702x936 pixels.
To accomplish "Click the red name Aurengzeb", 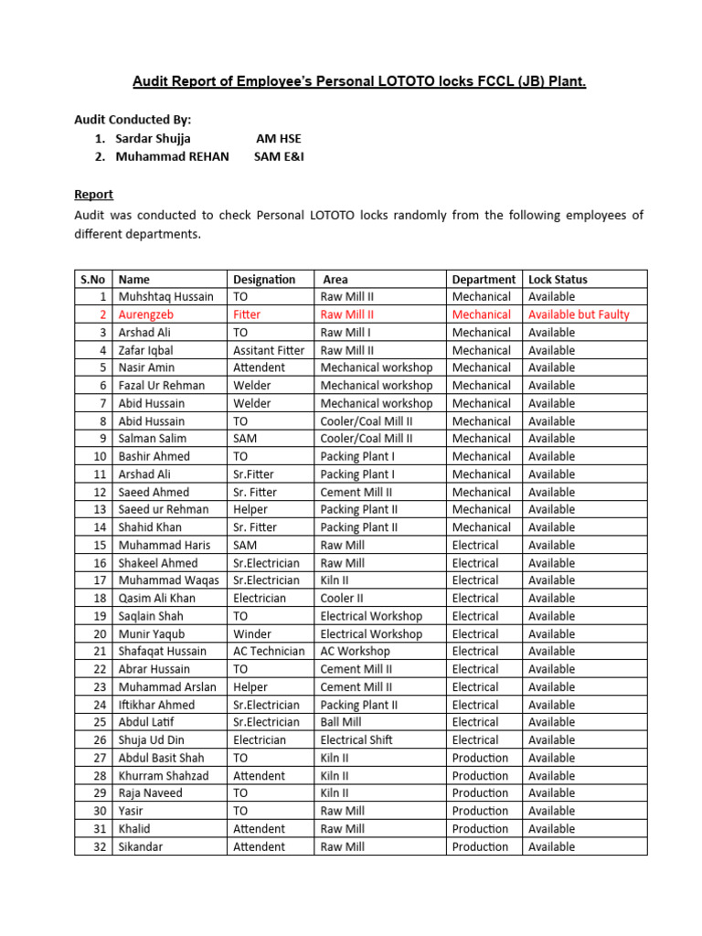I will pos(145,314).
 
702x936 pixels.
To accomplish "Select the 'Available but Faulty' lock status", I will pos(579,314).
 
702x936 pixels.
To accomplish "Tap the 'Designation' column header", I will pos(264,279).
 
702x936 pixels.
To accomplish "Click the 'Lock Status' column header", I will pos(558,279).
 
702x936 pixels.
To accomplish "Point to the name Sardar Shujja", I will pos(153,138).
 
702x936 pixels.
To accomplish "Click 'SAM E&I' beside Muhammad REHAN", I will pos(279,156).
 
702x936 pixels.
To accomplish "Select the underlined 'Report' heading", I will pos(93,194).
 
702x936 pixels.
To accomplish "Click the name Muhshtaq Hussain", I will pos(165,296).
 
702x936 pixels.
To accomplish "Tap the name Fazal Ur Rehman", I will pos(162,386).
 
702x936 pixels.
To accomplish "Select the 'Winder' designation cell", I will pos(252,633).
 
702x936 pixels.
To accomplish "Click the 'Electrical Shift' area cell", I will pos(356,739).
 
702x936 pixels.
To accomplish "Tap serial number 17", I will pos(101,580).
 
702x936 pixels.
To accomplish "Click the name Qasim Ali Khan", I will pos(156,598).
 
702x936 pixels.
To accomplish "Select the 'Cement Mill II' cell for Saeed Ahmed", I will pos(356,492).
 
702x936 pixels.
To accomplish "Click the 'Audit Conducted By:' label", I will pos(133,119).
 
